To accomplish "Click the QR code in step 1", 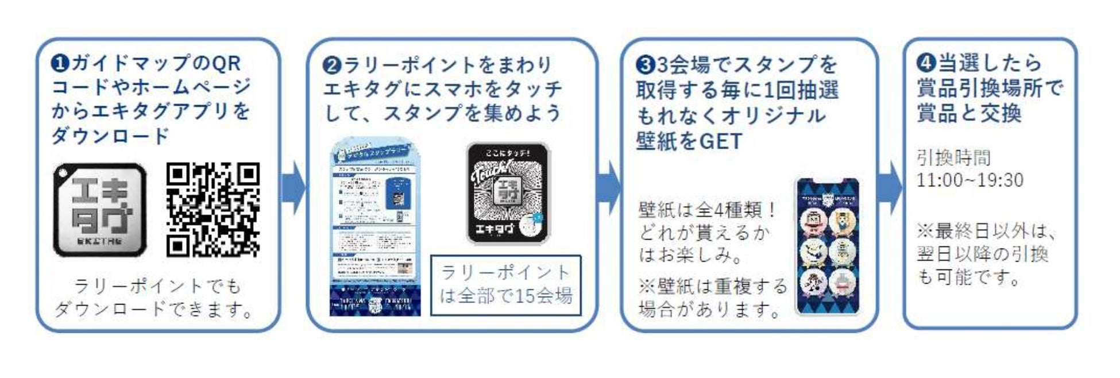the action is [x=213, y=210].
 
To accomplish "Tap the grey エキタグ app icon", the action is [x=100, y=210].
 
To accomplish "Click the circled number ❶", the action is [x=60, y=63].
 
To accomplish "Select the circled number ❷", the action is [x=332, y=65].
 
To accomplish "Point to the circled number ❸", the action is [x=646, y=65].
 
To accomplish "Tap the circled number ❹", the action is [x=926, y=63].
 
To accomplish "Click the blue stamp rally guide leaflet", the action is [x=375, y=227].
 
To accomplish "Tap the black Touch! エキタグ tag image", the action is [x=508, y=194].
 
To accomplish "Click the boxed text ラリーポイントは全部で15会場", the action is [x=506, y=285].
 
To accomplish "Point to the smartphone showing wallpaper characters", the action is [x=828, y=247].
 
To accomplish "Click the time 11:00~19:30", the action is [x=970, y=180].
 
